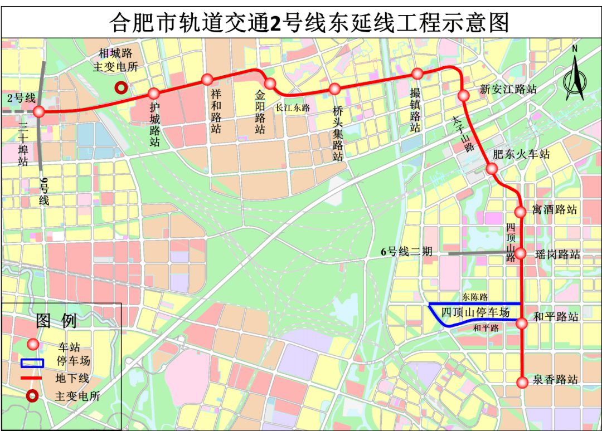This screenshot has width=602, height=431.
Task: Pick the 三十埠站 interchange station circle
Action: [x=38, y=112]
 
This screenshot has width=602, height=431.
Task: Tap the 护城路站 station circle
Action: [x=154, y=93]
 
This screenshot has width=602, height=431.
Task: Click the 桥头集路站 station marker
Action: [x=334, y=89]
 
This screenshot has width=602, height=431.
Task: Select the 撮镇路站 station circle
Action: [x=417, y=74]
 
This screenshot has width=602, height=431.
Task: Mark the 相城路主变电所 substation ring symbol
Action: [x=120, y=87]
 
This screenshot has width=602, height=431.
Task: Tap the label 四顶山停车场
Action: [x=475, y=312]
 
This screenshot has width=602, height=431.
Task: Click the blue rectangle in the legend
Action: [x=32, y=363]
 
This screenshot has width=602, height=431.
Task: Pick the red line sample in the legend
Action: [x=32, y=379]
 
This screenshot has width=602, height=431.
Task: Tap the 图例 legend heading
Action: [x=56, y=321]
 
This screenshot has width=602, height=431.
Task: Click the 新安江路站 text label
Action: [x=508, y=89]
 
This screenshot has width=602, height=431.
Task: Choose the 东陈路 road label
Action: [x=475, y=297]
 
